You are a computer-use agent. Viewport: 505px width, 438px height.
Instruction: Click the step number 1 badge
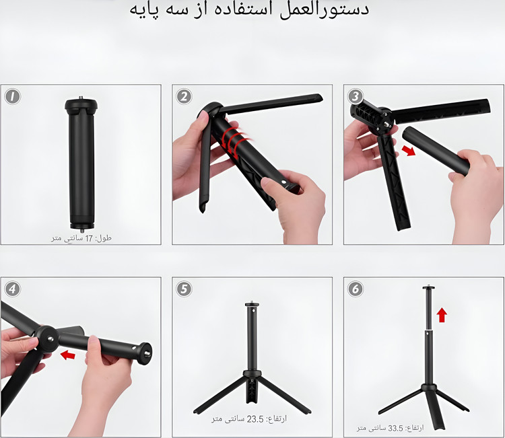(x=13, y=96)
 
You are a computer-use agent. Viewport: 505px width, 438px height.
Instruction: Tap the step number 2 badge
(x=184, y=96)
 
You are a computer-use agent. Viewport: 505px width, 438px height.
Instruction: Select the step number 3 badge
(x=356, y=96)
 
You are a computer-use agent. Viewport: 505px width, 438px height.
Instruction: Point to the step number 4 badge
(x=12, y=289)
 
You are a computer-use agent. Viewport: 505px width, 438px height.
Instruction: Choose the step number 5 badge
(x=184, y=289)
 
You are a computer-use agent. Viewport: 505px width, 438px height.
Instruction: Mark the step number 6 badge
(x=356, y=289)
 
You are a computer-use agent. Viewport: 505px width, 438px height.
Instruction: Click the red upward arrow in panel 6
(x=442, y=315)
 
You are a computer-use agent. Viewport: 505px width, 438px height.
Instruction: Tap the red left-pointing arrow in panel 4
(x=68, y=355)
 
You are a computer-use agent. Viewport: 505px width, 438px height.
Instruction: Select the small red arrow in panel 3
(x=409, y=150)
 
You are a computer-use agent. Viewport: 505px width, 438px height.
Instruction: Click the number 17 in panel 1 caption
(x=89, y=238)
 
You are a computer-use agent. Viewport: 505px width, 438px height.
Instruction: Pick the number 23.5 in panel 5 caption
(x=255, y=419)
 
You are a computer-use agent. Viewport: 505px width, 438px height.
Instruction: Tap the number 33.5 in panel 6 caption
(x=395, y=428)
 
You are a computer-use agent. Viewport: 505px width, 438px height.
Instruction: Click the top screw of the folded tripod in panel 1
(x=81, y=98)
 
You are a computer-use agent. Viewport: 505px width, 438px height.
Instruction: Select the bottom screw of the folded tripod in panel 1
(x=81, y=230)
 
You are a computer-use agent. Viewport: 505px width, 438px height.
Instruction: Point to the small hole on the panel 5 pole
(x=253, y=312)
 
